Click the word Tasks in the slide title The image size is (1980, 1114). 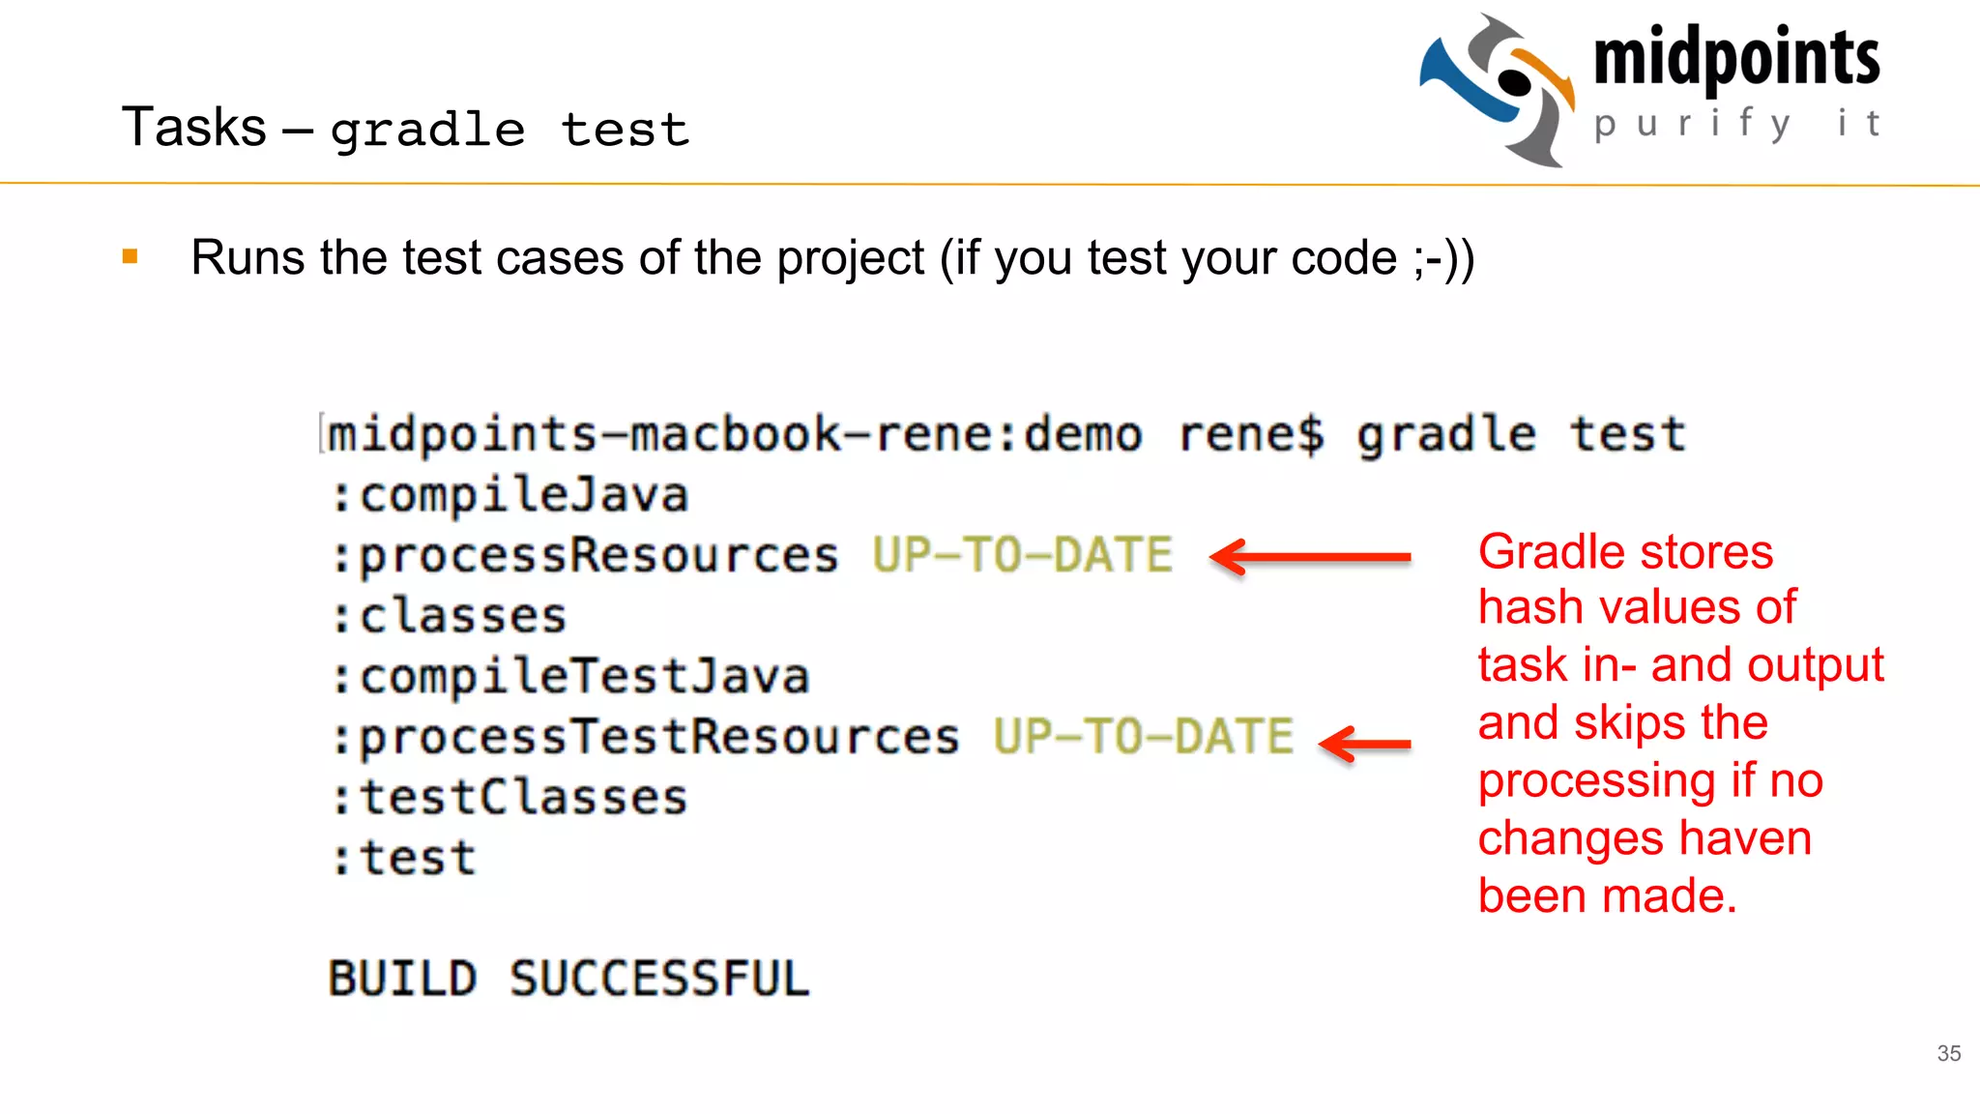click(x=193, y=128)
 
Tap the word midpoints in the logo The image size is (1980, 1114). click(x=1736, y=58)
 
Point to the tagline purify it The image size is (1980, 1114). click(x=1736, y=124)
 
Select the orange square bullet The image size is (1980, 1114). click(x=131, y=256)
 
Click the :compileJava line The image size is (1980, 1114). click(x=510, y=495)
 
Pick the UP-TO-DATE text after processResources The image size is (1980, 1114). click(x=1022, y=555)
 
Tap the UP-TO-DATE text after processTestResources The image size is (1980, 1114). click(x=1143, y=737)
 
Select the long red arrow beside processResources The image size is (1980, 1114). click(x=1310, y=557)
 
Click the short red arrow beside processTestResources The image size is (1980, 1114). click(x=1365, y=744)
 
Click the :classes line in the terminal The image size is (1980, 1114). click(x=450, y=617)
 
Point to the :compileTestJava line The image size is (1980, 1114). click(x=570, y=677)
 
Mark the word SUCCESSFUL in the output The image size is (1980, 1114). click(x=659, y=979)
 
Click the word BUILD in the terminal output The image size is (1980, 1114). click(x=402, y=979)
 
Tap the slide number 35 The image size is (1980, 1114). click(x=1948, y=1053)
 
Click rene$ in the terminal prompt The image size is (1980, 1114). click(x=1250, y=434)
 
